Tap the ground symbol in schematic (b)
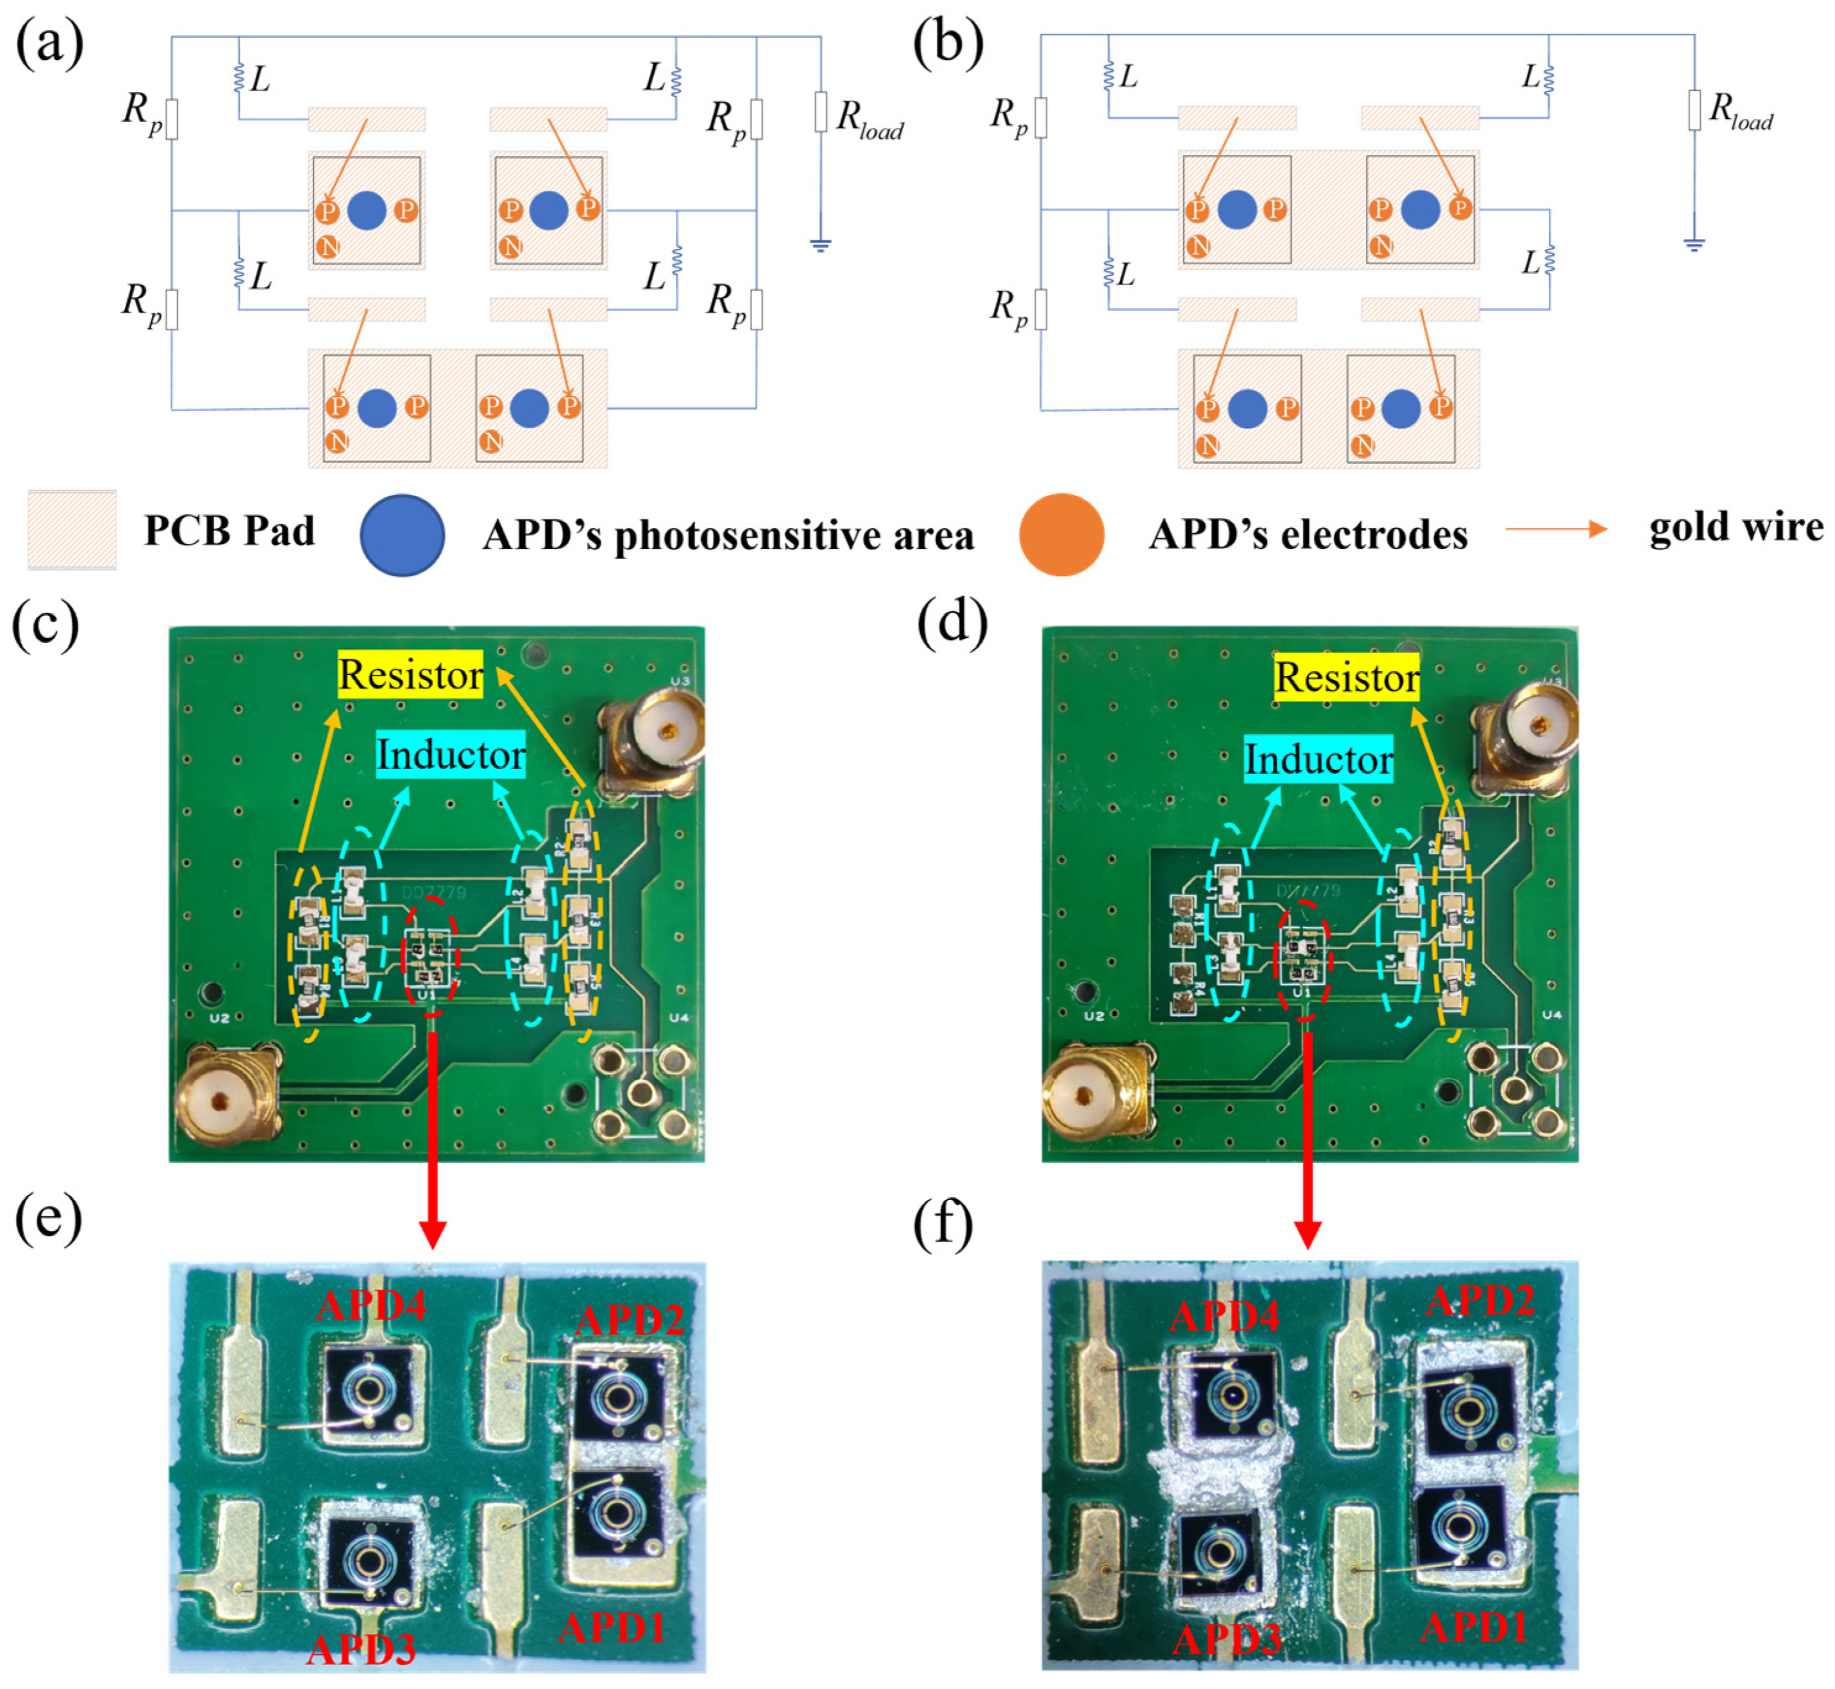pos(1694,244)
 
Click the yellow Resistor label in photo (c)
pos(410,674)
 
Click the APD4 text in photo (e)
pos(371,1304)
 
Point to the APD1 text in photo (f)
pos(1473,1627)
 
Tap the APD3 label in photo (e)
pos(361,1649)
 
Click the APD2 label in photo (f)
pos(1480,1300)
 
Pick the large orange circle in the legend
pos(1062,534)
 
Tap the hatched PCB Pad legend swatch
pos(72,530)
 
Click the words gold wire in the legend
pos(1735,527)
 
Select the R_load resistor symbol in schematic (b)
pos(1694,110)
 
